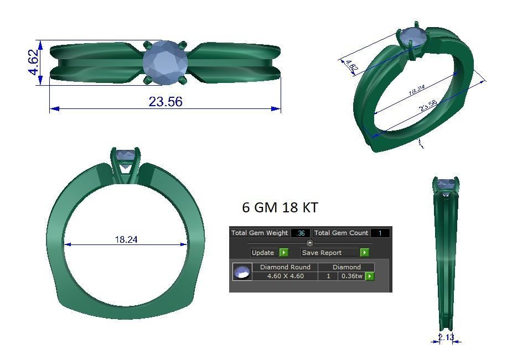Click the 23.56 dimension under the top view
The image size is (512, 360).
(x=165, y=102)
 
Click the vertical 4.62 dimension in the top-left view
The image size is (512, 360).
(x=33, y=62)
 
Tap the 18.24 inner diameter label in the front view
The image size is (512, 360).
(x=126, y=239)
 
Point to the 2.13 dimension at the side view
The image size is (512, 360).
(x=446, y=337)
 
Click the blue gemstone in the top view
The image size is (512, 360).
(x=166, y=62)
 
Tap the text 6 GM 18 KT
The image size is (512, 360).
(x=280, y=207)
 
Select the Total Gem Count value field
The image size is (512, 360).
(x=380, y=233)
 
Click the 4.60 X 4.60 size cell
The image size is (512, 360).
(x=285, y=276)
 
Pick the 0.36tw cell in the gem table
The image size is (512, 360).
(x=351, y=276)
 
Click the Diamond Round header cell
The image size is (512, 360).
(x=285, y=267)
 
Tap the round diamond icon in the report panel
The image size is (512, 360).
(x=242, y=272)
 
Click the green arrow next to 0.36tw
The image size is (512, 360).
(x=369, y=276)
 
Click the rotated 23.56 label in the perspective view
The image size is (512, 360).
(x=428, y=105)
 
